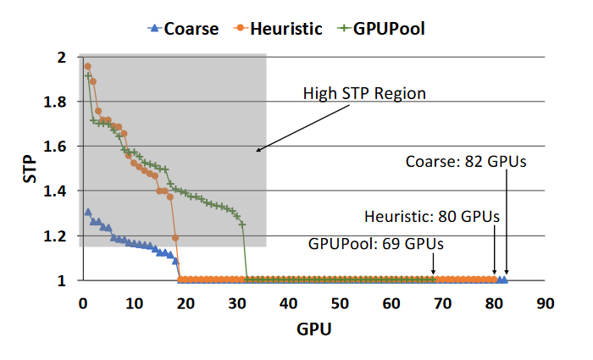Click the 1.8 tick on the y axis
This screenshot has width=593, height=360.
60,102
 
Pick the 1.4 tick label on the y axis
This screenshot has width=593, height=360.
60,191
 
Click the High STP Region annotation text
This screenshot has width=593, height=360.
364,92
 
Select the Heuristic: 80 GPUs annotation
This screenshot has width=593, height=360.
431,216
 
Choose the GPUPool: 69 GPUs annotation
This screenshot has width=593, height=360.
376,244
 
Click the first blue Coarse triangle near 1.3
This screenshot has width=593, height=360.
87,213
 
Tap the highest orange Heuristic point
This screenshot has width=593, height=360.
87,66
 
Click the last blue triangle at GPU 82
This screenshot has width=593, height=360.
505,280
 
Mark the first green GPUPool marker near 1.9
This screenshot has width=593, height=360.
87,75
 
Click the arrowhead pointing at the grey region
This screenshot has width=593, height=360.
258,151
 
